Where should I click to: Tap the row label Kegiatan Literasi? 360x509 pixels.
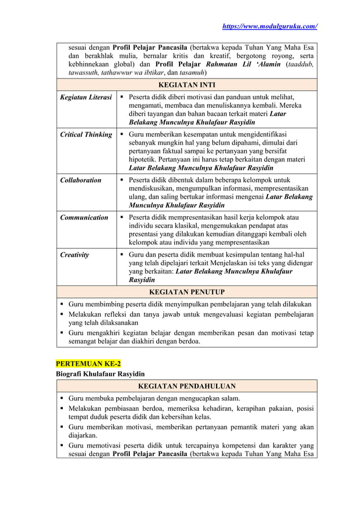[86, 98]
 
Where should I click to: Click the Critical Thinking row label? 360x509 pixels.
[86, 135]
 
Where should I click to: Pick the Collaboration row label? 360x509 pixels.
[81, 180]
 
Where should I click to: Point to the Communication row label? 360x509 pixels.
[84, 217]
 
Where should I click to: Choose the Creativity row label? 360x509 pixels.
[74, 254]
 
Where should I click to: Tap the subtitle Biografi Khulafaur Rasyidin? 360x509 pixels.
[99, 374]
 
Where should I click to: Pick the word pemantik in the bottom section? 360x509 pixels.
[238, 427]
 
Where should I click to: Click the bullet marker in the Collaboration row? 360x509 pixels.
[122, 180]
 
